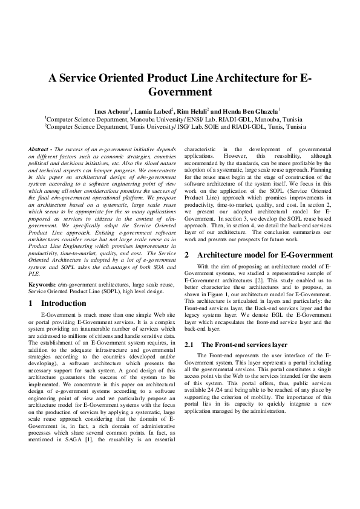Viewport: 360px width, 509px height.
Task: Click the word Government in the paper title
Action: pyautogui.click(x=180, y=92)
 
